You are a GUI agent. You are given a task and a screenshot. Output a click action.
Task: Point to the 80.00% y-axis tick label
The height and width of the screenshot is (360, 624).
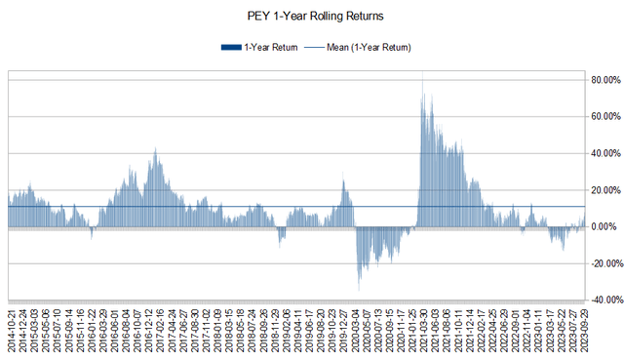click(x=603, y=80)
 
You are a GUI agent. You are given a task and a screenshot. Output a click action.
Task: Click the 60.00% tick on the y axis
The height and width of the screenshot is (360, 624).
click(x=603, y=117)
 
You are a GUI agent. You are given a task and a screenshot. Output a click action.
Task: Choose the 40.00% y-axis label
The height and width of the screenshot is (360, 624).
click(x=603, y=153)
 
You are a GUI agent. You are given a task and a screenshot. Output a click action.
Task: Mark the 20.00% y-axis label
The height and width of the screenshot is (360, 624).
click(x=603, y=190)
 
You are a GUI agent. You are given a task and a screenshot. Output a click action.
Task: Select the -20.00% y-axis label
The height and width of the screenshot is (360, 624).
click(x=602, y=263)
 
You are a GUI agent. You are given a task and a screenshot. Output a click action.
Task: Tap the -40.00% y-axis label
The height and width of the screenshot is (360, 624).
click(x=602, y=300)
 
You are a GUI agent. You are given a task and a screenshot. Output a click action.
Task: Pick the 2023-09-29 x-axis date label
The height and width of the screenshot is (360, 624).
click(x=583, y=331)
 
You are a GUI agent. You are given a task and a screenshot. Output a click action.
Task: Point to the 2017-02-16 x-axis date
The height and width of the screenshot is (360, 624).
click(x=158, y=331)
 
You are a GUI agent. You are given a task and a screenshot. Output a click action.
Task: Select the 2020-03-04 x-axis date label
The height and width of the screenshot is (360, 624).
click(x=357, y=331)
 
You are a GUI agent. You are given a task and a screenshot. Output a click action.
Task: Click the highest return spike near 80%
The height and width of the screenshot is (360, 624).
click(x=422, y=82)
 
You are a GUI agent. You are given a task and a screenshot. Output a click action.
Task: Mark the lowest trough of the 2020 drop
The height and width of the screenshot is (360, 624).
click(x=359, y=290)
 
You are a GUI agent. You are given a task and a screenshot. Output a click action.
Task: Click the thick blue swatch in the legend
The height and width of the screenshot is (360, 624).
click(x=230, y=47)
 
